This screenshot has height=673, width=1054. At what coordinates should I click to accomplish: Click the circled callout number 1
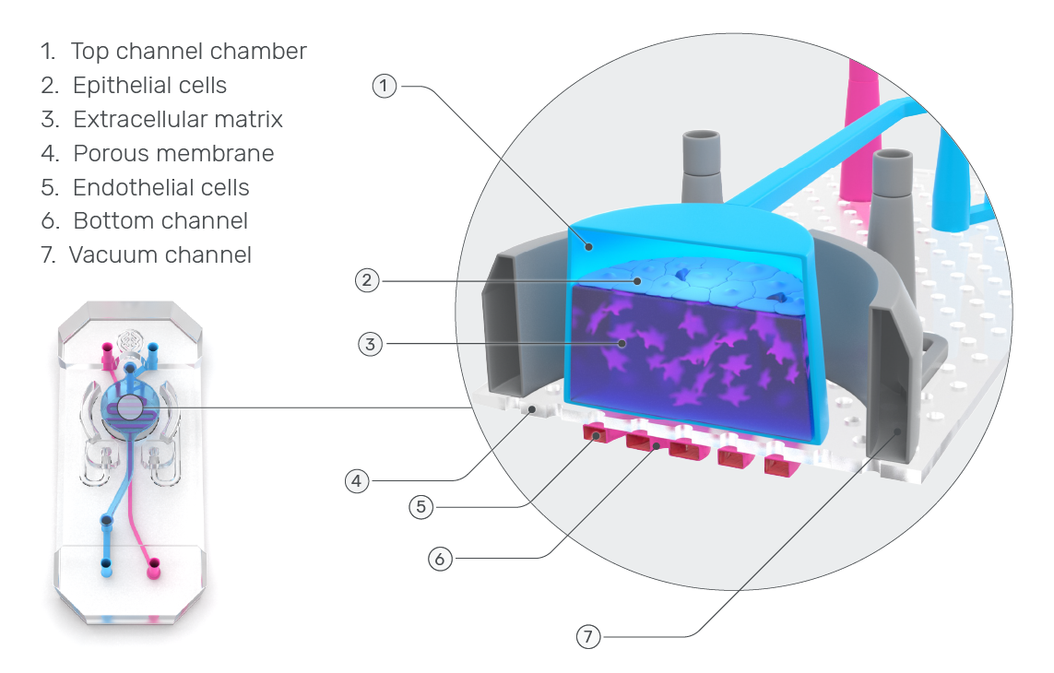[x=385, y=87]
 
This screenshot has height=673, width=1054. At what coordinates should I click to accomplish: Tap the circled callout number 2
[x=368, y=279]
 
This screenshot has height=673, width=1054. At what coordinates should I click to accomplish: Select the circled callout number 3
[x=370, y=345]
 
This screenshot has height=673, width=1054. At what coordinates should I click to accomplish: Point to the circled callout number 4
[x=358, y=480]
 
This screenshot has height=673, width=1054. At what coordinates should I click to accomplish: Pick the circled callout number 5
[x=420, y=506]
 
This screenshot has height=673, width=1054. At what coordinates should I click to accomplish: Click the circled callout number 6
[x=440, y=558]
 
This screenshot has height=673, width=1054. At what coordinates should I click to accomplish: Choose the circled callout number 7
[x=588, y=636]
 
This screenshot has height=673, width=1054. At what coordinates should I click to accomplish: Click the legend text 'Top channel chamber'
[x=188, y=52]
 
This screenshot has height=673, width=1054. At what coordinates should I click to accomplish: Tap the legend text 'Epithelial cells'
[x=149, y=86]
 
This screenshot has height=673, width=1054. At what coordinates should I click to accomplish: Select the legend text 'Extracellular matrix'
[x=178, y=120]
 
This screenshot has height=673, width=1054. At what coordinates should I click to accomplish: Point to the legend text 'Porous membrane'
[x=173, y=153]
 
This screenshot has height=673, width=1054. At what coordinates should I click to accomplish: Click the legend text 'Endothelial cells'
[x=161, y=187]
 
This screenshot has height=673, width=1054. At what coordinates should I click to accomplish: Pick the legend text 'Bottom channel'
[x=160, y=221]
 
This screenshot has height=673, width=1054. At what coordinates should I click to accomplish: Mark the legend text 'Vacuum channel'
[x=160, y=254]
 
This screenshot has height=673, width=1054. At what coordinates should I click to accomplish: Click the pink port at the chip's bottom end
[x=154, y=561]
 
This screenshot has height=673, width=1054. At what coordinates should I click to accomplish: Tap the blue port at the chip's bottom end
[x=105, y=561]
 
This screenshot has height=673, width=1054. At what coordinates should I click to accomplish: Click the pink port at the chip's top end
[x=107, y=349]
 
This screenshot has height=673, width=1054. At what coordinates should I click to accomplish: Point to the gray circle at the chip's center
[x=131, y=407]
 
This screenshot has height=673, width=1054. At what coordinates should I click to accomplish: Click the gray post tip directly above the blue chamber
[x=701, y=148]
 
